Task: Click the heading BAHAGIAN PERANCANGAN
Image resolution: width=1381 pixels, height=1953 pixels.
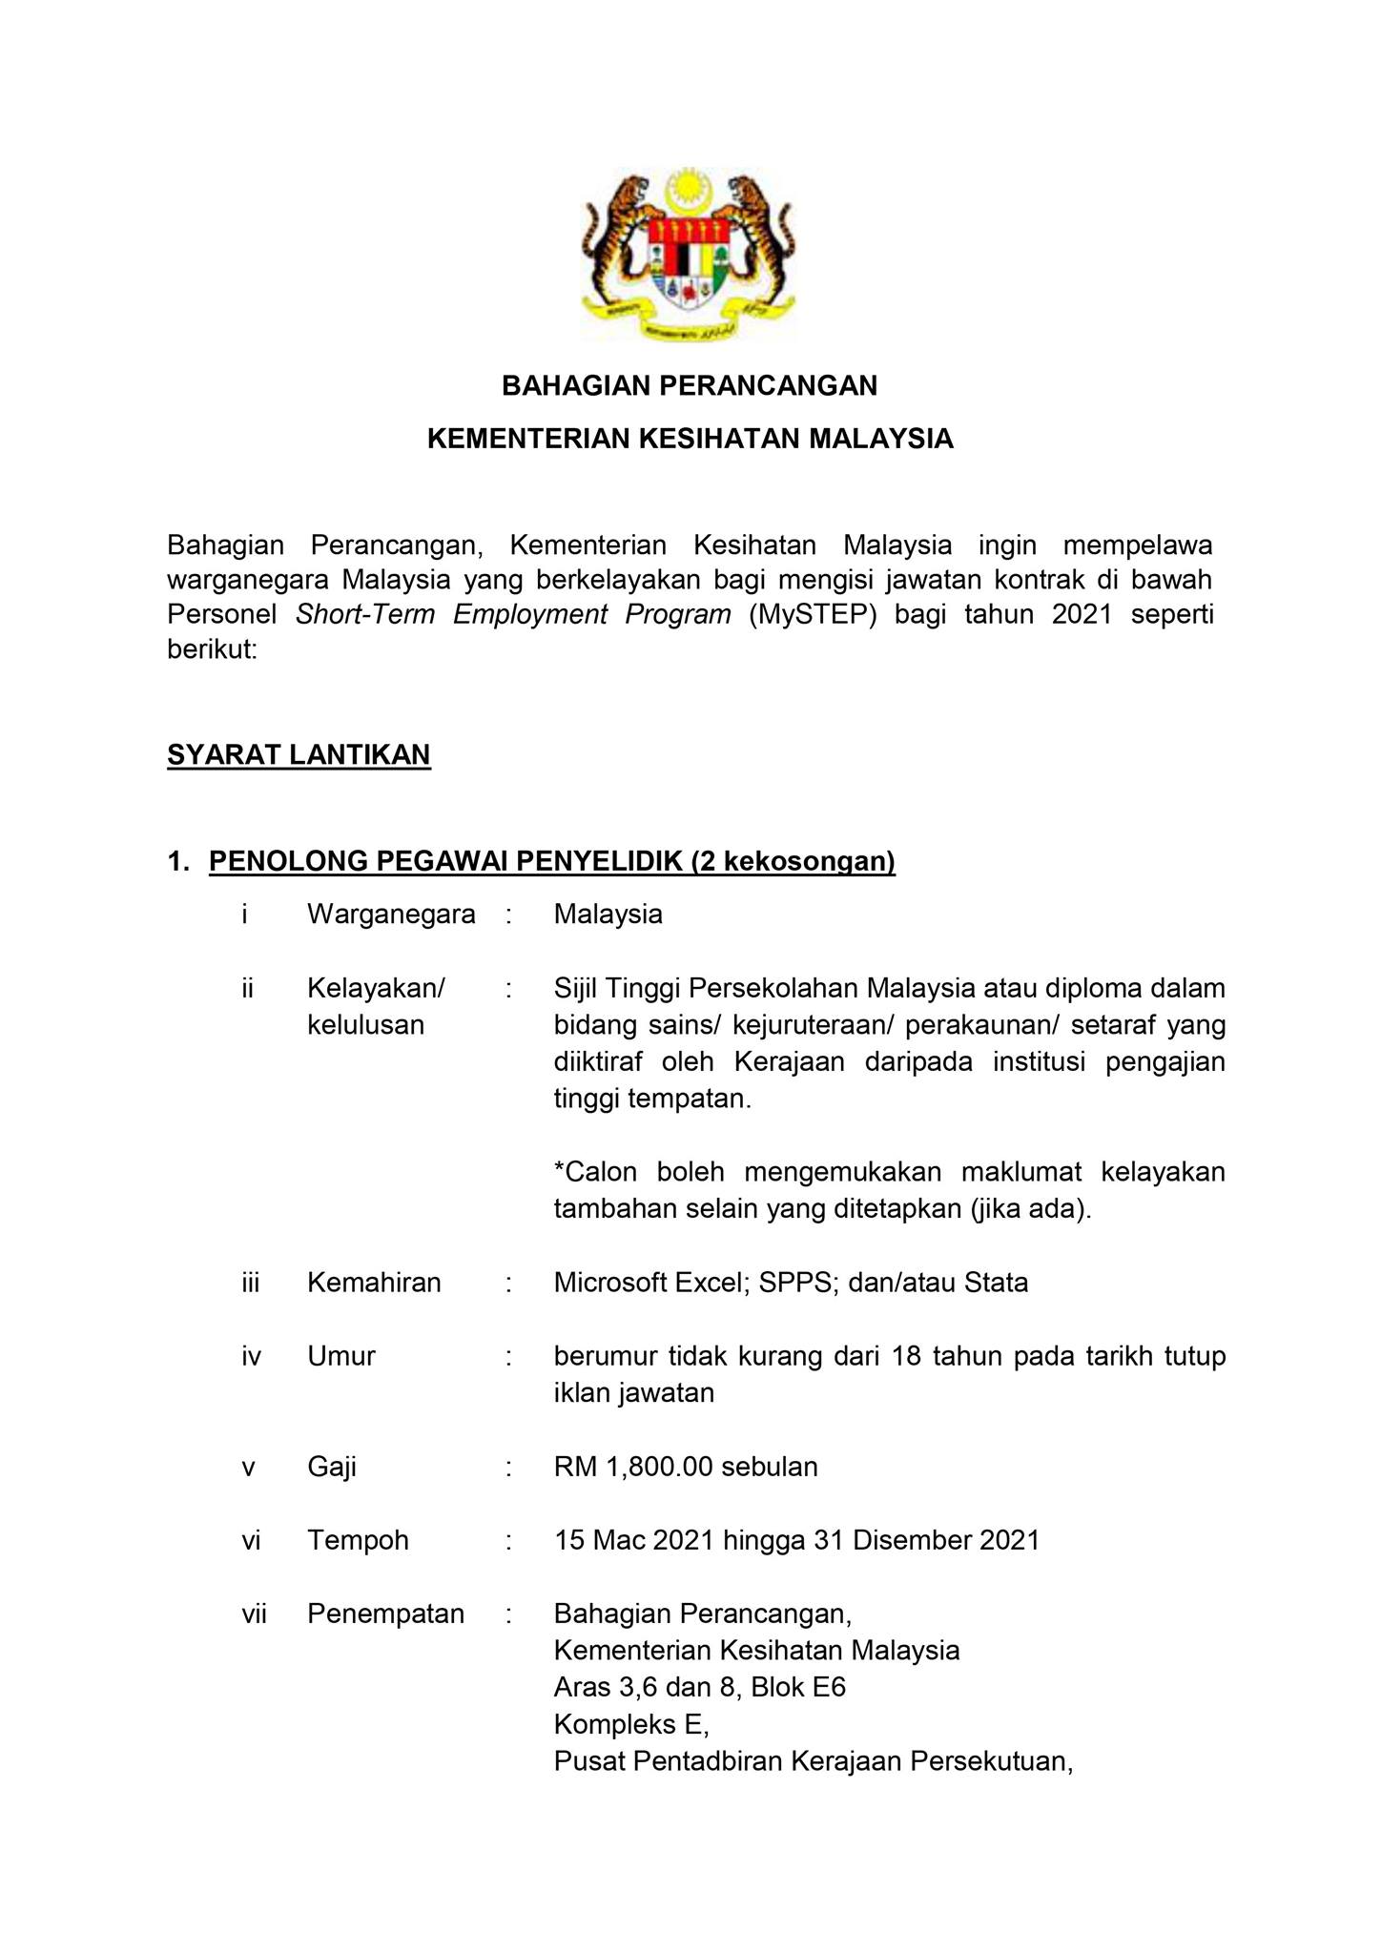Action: [x=690, y=386]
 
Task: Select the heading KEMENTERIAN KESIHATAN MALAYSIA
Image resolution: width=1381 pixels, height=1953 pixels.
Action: [x=690, y=439]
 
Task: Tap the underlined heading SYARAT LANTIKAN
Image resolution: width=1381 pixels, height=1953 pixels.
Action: [x=299, y=755]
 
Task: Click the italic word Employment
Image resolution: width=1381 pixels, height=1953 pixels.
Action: [x=529, y=614]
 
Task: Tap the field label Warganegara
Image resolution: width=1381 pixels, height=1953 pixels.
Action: [x=391, y=915]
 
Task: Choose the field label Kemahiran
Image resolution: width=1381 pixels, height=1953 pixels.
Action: [x=374, y=1283]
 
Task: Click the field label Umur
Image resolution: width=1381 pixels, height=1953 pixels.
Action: [x=341, y=1356]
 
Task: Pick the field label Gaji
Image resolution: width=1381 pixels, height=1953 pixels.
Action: [x=332, y=1467]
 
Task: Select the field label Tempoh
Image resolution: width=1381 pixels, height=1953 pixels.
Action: [x=358, y=1540]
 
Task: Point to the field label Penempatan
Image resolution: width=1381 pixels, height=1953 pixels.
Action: [x=385, y=1614]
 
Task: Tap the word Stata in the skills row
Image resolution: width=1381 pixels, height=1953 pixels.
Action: [x=996, y=1283]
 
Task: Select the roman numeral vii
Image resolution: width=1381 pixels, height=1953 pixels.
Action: [x=254, y=1614]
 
